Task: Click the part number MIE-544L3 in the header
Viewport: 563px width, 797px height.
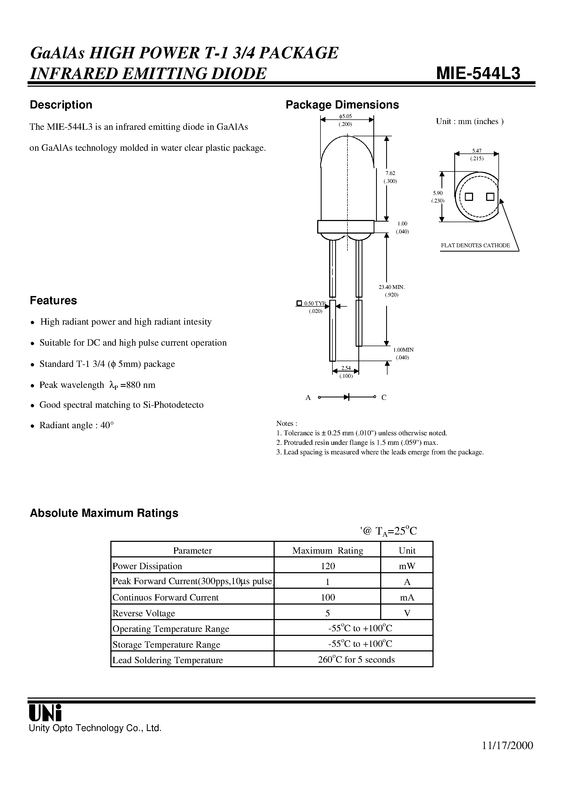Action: coord(478,73)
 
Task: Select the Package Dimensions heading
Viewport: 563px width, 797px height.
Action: coord(342,105)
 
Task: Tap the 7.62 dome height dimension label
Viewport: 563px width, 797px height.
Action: coord(390,173)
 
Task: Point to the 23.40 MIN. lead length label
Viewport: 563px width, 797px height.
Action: coord(392,287)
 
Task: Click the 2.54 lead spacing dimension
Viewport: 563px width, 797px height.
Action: coord(346,368)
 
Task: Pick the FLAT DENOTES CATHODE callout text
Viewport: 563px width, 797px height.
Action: coord(475,245)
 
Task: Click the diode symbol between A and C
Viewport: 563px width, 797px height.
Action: coord(346,397)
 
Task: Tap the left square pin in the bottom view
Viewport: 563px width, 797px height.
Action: coord(469,197)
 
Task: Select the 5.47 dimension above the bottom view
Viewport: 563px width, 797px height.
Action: coord(477,151)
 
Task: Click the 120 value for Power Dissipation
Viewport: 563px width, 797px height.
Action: coord(328,566)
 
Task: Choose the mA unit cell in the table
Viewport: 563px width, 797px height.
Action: coord(407,597)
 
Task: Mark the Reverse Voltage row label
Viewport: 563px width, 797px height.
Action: coord(144,613)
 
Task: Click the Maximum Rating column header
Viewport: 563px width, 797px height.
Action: coord(327,551)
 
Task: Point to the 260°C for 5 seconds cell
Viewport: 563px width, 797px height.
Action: coord(356,660)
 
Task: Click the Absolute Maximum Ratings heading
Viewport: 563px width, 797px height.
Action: coord(104,513)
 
